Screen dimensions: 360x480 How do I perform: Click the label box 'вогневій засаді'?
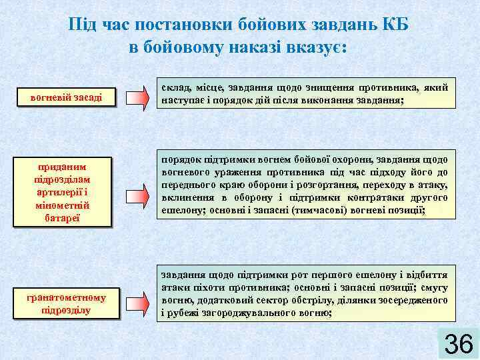(66, 97)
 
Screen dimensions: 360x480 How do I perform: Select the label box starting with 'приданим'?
(66, 192)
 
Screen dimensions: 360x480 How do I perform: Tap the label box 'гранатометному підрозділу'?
(66, 304)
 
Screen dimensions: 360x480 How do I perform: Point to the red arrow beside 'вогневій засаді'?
(138, 97)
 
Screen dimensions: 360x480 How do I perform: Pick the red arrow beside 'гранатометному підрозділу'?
(138, 302)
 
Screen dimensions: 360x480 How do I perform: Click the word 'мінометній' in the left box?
(66, 206)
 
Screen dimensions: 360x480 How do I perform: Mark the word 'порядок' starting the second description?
(181, 160)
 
